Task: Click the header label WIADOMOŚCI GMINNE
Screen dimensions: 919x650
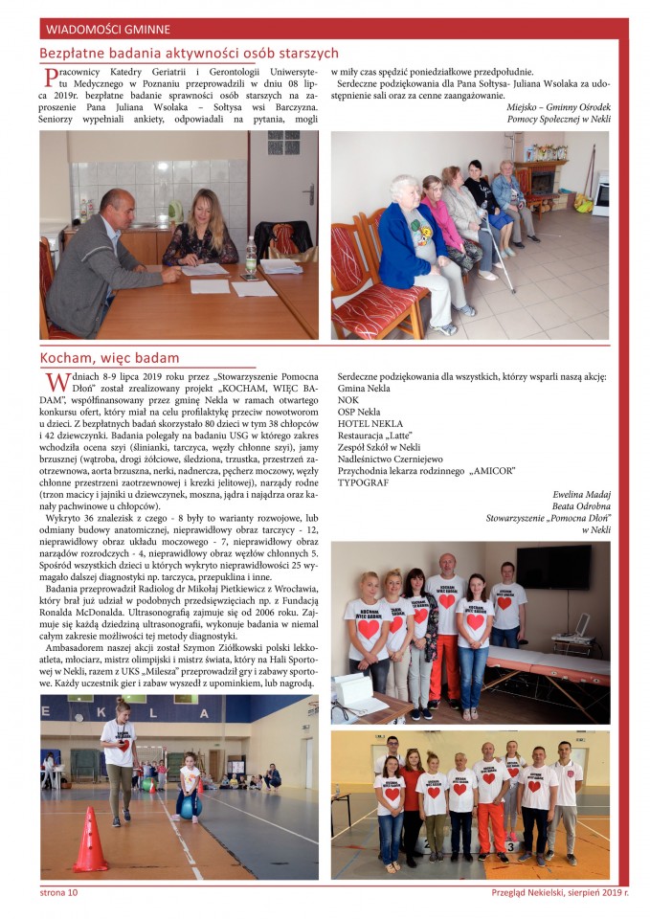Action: [x=95, y=28]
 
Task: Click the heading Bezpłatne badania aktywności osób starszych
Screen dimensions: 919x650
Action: [x=189, y=54]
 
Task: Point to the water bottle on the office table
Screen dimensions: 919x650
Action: [x=251, y=257]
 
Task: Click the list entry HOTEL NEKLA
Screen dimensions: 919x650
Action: [x=370, y=423]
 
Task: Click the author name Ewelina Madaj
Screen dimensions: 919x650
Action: [x=580, y=494]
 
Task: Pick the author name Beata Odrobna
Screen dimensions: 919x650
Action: [x=581, y=505]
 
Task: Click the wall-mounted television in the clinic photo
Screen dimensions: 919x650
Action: [x=552, y=567]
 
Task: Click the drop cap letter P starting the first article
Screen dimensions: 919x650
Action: [x=50, y=78]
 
